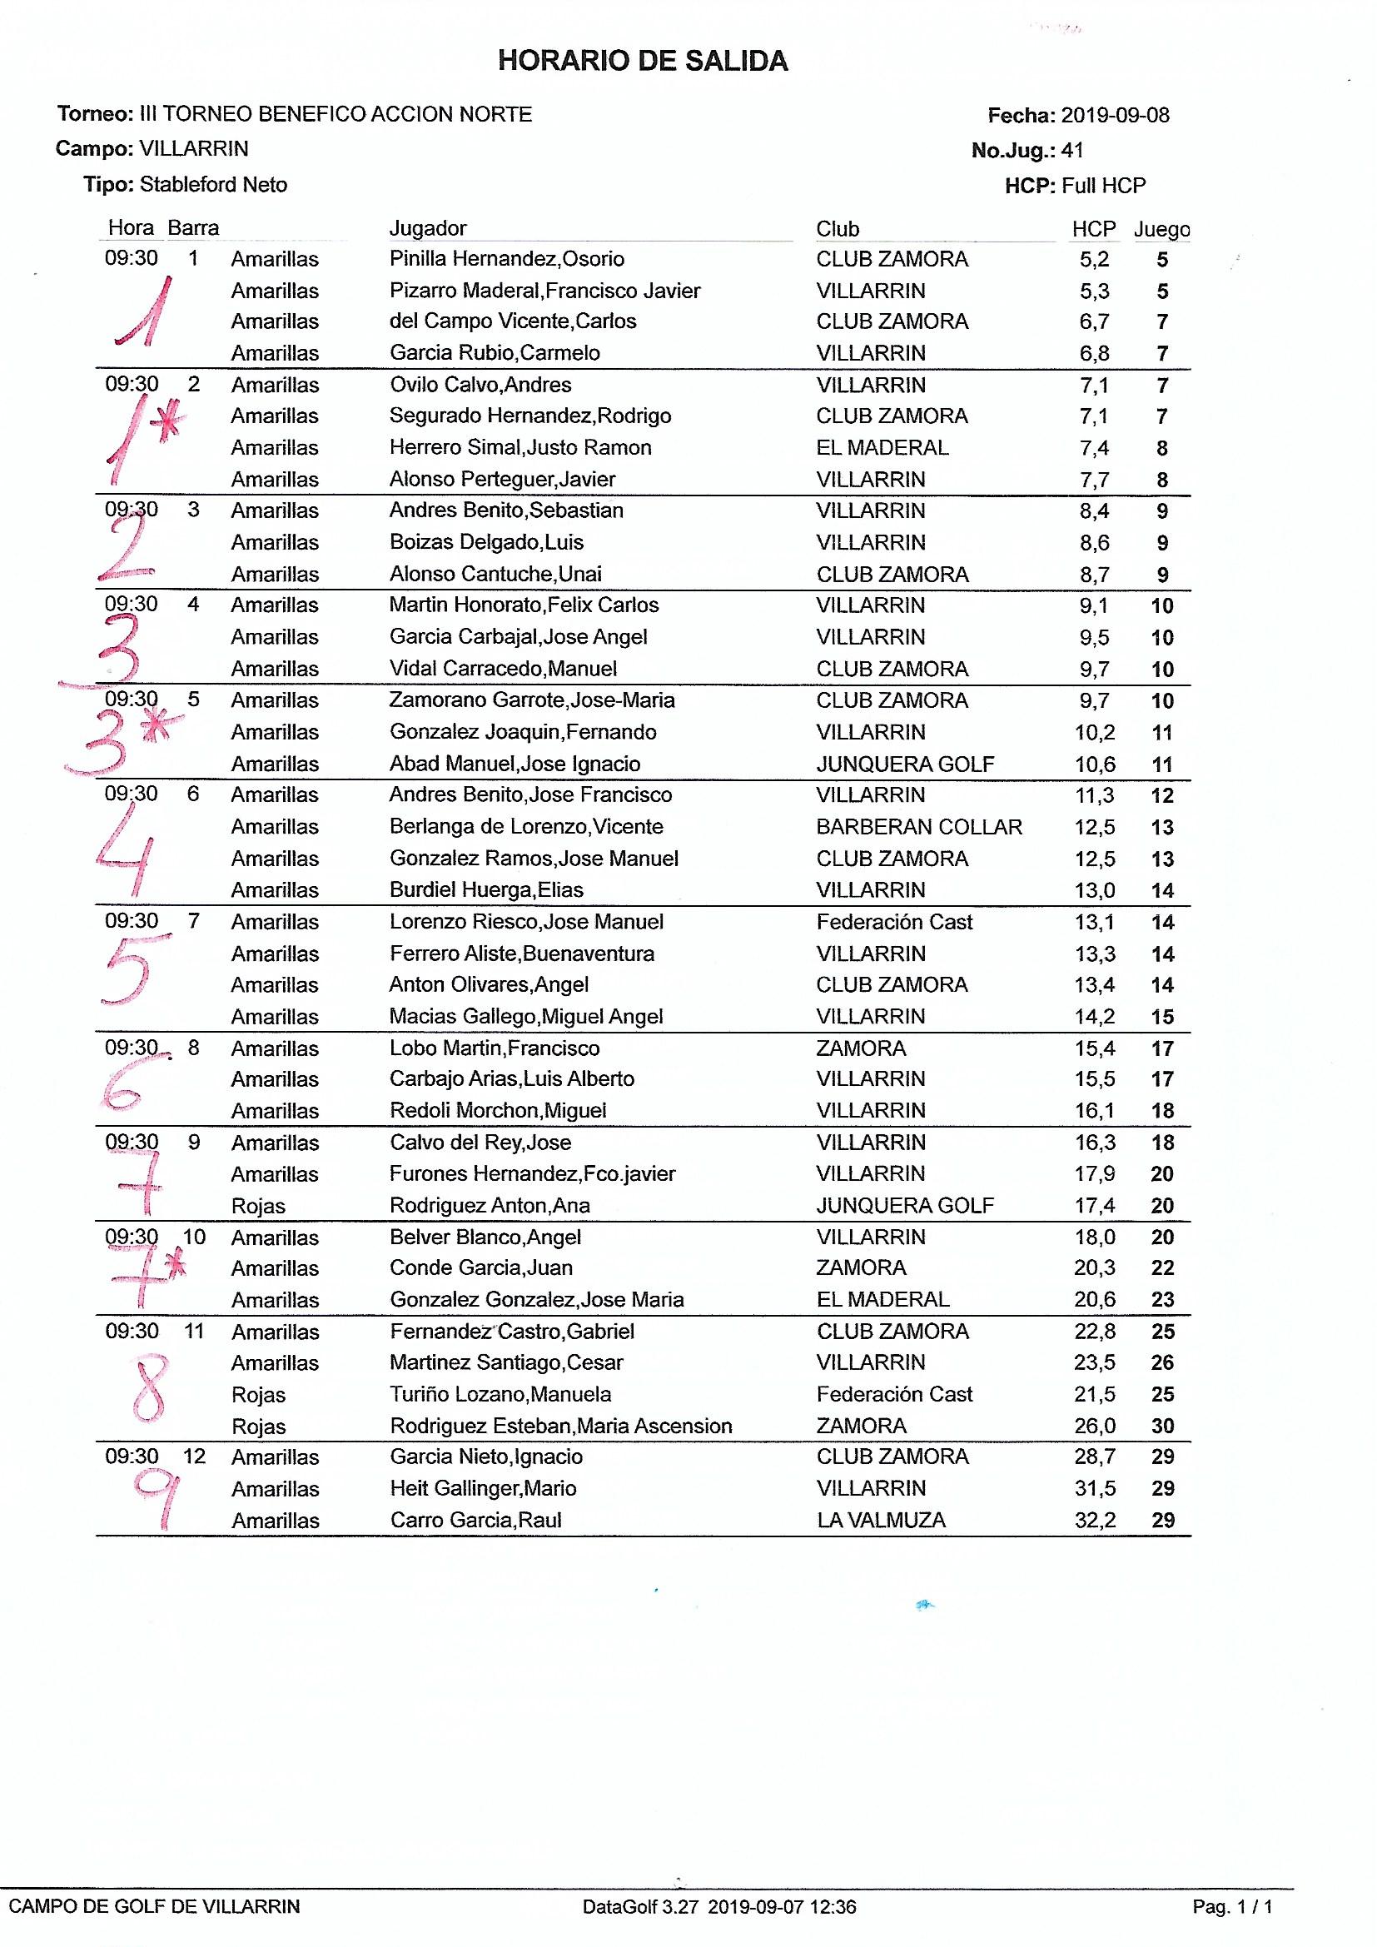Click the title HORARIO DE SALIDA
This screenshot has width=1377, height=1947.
pos(643,61)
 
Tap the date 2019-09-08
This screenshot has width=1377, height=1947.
pos(1115,115)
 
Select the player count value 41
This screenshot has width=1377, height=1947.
pos(1072,151)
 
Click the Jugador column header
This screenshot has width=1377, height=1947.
pos(427,228)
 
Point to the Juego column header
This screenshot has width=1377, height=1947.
pos(1161,229)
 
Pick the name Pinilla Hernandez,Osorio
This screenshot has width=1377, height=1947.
pos(506,259)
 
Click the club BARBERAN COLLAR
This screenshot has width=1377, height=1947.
pos(919,827)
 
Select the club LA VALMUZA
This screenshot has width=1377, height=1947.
pos(881,1521)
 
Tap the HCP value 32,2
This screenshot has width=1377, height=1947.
pos(1095,1521)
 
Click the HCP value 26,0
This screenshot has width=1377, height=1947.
pos(1095,1427)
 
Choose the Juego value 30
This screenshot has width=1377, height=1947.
pos(1162,1427)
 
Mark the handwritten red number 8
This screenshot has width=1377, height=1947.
pos(151,1387)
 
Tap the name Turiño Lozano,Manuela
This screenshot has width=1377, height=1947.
pos(500,1395)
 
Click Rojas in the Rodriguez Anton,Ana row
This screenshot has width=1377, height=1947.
pos(259,1206)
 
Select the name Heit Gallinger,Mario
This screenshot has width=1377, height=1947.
pos(483,1489)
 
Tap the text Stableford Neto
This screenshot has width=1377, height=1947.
pos(213,185)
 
